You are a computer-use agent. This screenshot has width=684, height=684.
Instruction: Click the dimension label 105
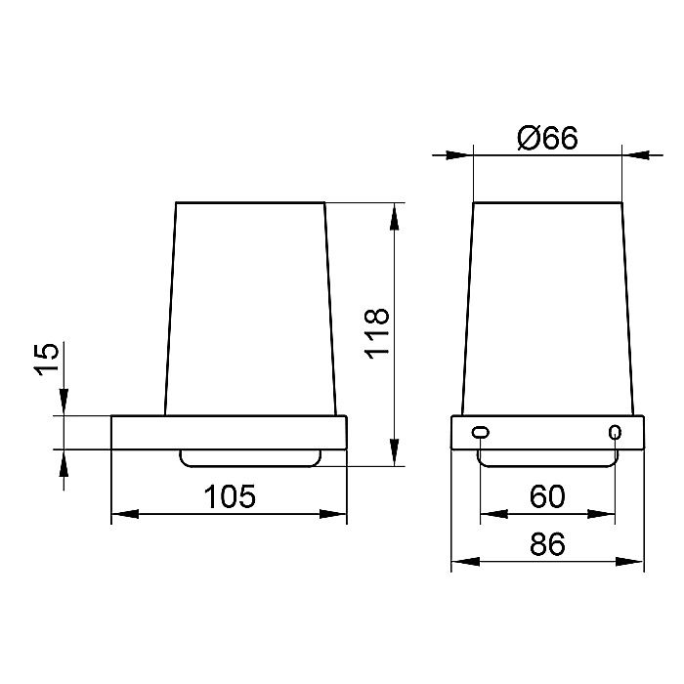(230, 496)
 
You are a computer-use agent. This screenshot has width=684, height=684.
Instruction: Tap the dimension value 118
(376, 334)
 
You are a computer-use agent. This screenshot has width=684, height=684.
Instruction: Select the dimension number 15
(46, 359)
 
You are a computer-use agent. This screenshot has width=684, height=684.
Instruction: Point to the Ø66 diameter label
(547, 138)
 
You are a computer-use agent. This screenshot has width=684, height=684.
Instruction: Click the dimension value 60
(547, 496)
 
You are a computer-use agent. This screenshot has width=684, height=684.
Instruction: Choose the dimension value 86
(547, 544)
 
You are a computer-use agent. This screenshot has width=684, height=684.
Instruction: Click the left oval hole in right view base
(481, 432)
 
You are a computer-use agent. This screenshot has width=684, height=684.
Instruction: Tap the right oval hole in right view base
(615, 432)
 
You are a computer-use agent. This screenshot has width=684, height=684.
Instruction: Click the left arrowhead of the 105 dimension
(125, 514)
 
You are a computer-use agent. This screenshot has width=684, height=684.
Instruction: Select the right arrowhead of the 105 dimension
(333, 514)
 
